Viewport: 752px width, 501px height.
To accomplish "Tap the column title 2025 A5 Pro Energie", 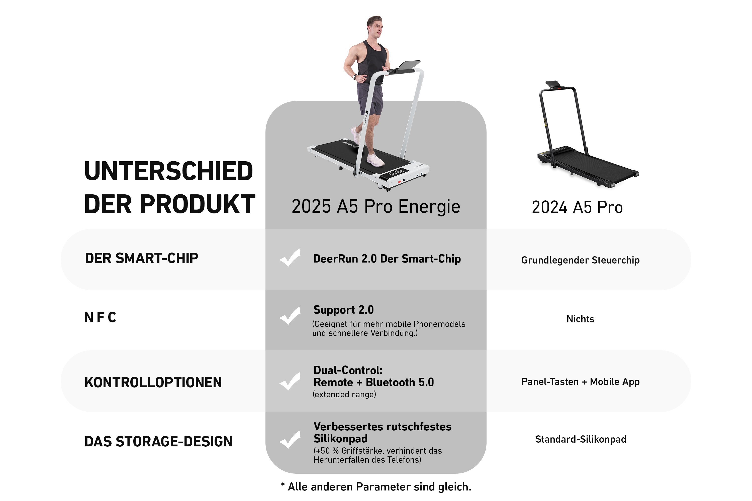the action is tap(376, 206).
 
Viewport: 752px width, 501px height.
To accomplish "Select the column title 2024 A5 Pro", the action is tap(577, 207).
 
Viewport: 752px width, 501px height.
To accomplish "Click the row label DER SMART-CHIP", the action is tap(141, 258).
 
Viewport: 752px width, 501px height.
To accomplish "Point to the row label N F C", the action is tap(100, 317).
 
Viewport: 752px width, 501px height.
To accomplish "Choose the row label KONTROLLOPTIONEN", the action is tap(153, 383).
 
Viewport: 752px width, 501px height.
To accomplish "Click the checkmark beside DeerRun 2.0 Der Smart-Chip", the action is tap(290, 258).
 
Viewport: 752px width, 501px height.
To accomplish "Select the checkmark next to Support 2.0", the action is tap(290, 316).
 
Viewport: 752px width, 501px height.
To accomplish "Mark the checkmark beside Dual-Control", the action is tap(290, 381).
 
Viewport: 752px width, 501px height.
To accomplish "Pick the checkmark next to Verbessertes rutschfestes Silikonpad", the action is tap(290, 440).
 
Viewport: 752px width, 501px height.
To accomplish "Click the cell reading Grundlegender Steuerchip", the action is tap(580, 260).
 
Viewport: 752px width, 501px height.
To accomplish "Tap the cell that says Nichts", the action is tap(580, 319).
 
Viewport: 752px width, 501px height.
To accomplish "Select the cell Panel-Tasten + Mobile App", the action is tap(580, 382).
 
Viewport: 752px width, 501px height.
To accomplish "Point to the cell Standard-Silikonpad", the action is tap(581, 439).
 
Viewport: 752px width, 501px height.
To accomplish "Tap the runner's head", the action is tap(374, 27).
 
